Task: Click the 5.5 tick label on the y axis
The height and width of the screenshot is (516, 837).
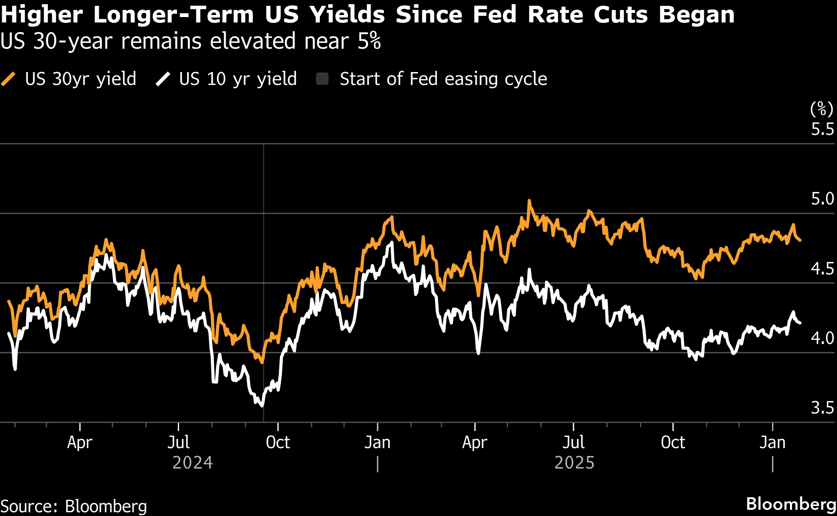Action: [x=822, y=130]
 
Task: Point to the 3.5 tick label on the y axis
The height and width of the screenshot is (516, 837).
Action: [x=822, y=408]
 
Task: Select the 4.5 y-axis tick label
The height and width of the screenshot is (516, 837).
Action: [x=822, y=269]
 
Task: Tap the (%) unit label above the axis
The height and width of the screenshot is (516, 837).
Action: [x=821, y=109]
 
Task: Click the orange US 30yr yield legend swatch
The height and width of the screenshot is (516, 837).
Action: [x=8, y=79]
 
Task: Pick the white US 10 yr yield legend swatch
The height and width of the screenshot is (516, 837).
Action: [x=163, y=79]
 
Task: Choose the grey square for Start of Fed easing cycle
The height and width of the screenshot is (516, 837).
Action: [x=322, y=79]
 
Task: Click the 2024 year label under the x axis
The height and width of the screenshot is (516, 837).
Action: [x=192, y=463]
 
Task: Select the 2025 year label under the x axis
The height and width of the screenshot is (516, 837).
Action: [x=574, y=463]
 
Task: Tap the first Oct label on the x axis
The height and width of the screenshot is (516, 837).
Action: [x=278, y=442]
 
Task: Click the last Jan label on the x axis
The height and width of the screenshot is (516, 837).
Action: [x=772, y=442]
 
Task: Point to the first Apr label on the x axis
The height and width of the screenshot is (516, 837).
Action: [x=80, y=442]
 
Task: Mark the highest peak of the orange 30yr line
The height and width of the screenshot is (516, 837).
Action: [x=529, y=201]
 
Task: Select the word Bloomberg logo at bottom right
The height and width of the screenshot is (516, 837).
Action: [x=790, y=504]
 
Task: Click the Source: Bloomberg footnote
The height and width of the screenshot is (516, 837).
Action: [x=74, y=506]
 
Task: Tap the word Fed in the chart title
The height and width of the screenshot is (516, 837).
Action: [x=496, y=15]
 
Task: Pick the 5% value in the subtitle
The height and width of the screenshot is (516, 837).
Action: [x=369, y=41]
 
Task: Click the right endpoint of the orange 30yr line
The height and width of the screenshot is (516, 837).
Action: [x=800, y=240]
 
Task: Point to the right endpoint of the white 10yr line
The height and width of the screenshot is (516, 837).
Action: [x=800, y=323]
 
